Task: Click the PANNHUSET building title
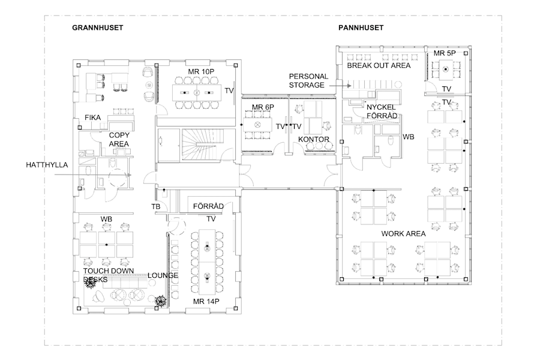[361, 28]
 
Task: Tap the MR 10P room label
[201, 72]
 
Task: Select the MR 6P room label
[262, 107]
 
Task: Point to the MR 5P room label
[445, 54]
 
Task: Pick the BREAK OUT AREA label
[379, 65]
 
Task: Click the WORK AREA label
[404, 233]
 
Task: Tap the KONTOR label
[313, 139]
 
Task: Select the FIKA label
[92, 118]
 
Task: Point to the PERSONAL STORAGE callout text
[308, 81]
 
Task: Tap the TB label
[155, 207]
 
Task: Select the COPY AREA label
[119, 140]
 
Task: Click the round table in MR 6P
[259, 124]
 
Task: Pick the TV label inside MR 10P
[229, 91]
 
